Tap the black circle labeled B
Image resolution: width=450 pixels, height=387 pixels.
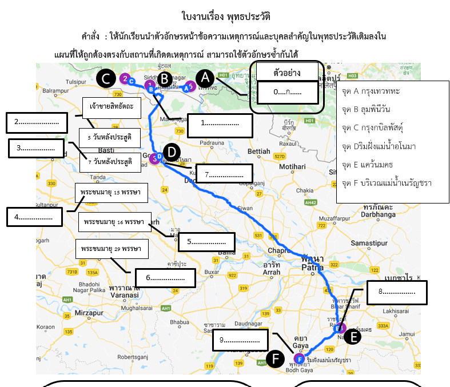164,79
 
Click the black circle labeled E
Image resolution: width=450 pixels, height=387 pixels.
353,337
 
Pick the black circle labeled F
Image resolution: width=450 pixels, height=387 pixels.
276,359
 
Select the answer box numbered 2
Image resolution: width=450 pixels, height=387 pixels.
37,122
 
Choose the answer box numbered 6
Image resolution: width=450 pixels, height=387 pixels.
165,278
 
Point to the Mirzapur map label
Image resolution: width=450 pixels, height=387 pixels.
77,313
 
